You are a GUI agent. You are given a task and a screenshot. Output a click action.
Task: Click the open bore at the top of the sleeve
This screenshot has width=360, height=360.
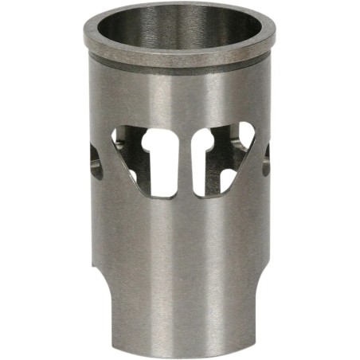coord(180,32)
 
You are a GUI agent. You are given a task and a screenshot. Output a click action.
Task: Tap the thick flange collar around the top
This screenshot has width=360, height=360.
coord(180,56)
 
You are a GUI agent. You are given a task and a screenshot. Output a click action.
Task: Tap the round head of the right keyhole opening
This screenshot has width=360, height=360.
coord(205,139)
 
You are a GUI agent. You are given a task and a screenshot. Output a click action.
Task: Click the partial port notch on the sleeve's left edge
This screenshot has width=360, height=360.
coord(95,159)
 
